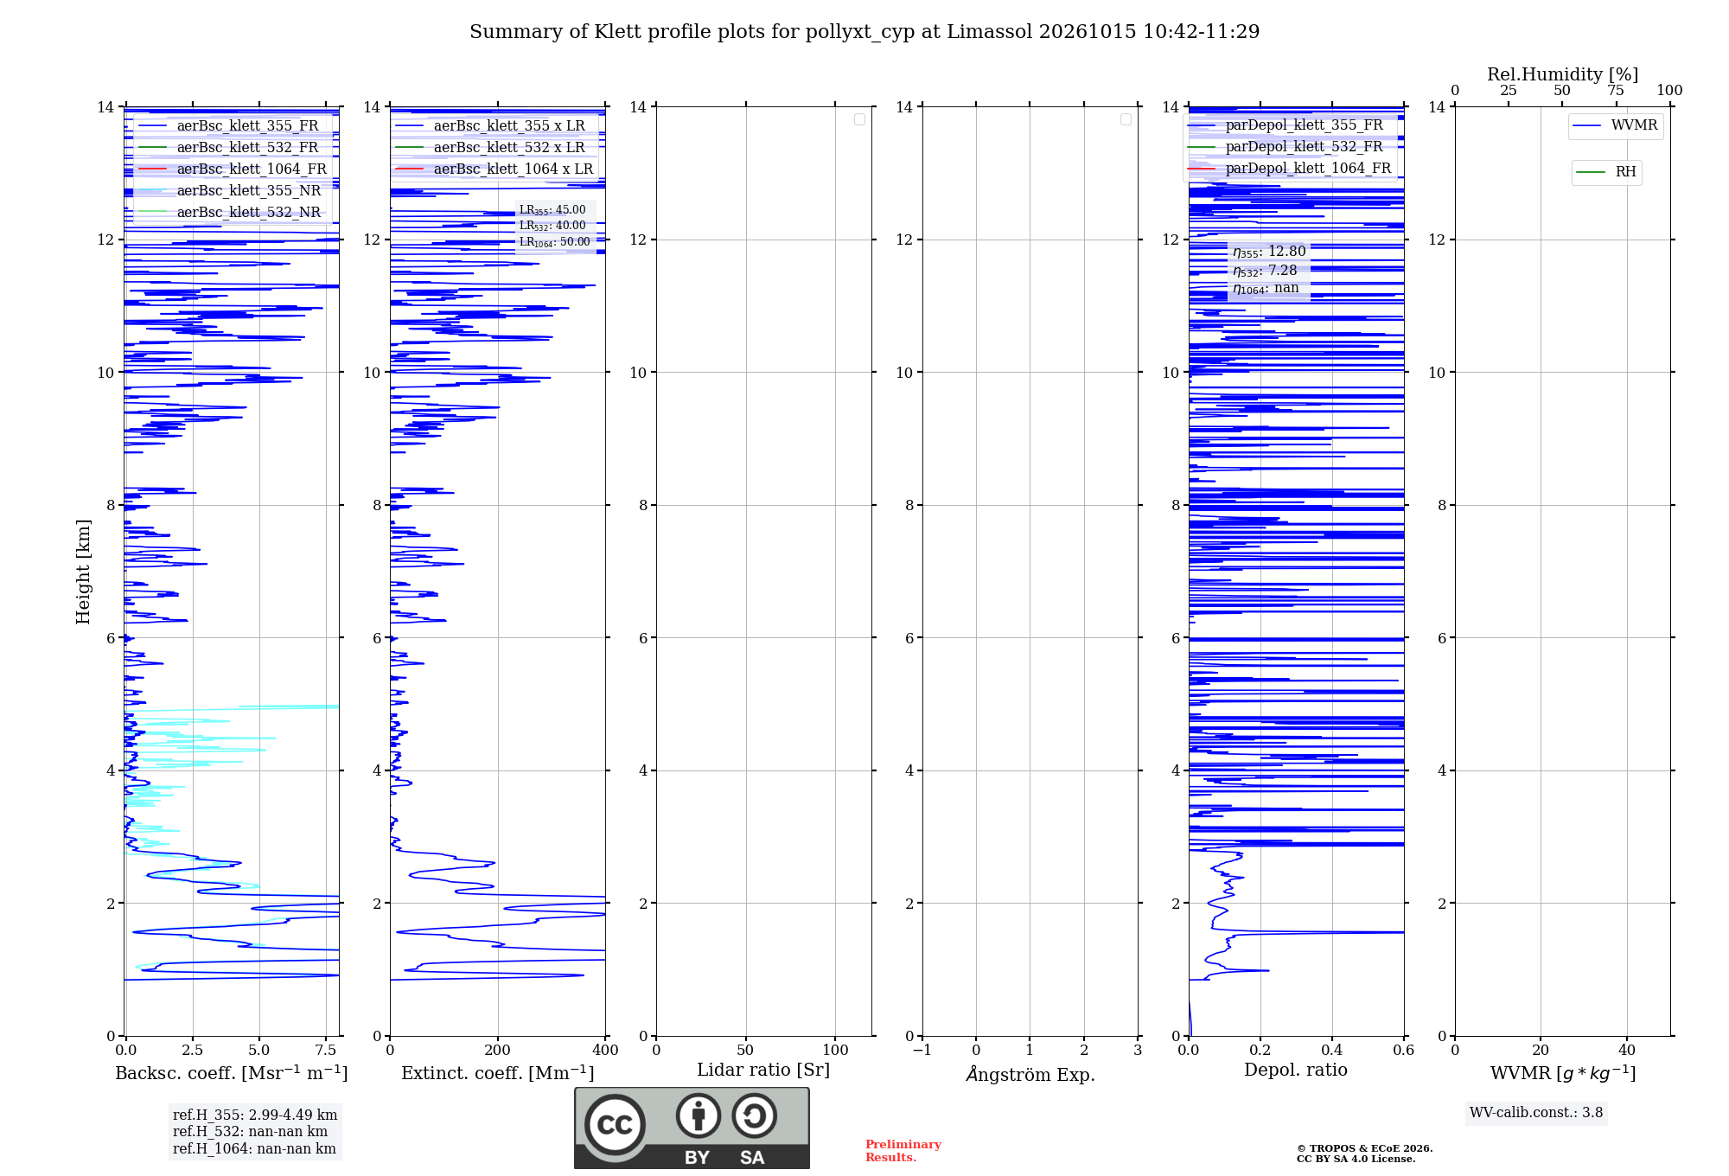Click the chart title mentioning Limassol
click(x=864, y=32)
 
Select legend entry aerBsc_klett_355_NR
click(x=229, y=190)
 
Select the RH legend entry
click(x=1606, y=172)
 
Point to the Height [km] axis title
click(x=83, y=572)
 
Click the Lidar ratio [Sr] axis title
click(x=763, y=1070)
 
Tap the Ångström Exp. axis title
click(x=1030, y=1074)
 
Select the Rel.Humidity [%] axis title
click(x=1562, y=74)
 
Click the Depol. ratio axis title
click(x=1296, y=1070)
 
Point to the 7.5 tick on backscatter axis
click(x=326, y=1050)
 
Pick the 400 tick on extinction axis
click(x=605, y=1050)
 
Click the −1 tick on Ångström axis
click(x=922, y=1050)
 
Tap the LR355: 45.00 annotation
click(x=552, y=210)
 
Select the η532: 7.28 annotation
click(x=1266, y=271)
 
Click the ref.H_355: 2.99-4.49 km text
click(x=255, y=1115)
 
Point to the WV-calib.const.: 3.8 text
click(x=1536, y=1113)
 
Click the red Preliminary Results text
click(x=903, y=1151)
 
